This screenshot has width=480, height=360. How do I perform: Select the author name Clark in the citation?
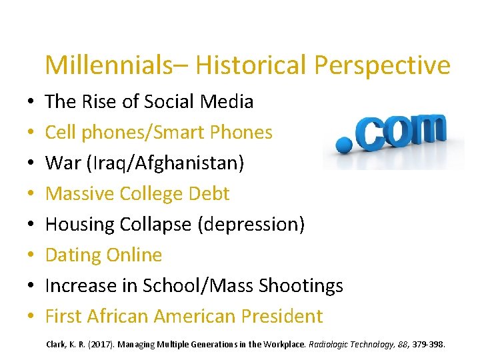[57, 345]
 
